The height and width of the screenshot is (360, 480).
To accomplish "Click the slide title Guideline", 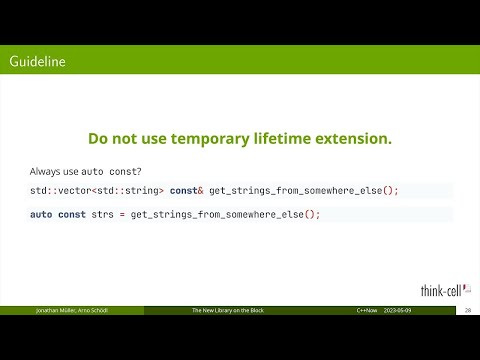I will coord(37,62).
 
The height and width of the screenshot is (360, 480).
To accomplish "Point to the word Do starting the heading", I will coord(98,138).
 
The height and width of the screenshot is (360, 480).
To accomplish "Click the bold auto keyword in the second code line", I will coord(41,214).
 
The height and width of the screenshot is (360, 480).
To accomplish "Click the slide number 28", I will coord(467,311).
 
